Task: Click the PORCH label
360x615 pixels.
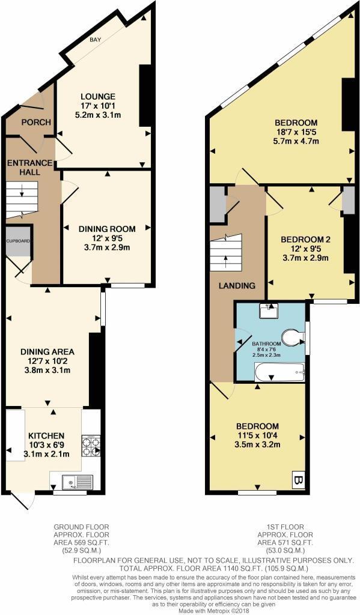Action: tap(36, 123)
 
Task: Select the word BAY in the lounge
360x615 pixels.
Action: tap(94, 40)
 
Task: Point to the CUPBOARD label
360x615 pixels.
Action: tap(17, 241)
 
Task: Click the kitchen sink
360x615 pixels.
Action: tap(77, 482)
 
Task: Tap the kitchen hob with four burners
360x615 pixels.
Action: tap(91, 446)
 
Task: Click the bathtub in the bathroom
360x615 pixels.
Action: tap(279, 372)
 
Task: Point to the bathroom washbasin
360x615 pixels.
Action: tap(269, 311)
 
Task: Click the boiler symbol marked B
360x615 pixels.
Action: tap(298, 479)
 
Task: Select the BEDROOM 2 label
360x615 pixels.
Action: tap(305, 240)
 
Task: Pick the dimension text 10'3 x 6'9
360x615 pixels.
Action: tap(46, 445)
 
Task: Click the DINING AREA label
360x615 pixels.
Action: tap(47, 352)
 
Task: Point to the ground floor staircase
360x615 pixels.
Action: tap(22, 200)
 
